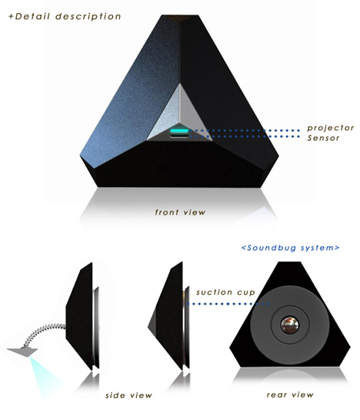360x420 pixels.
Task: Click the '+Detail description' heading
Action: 65,17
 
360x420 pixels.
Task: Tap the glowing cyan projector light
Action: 179,131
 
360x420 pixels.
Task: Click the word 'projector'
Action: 331,128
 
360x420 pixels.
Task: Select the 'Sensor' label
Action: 323,138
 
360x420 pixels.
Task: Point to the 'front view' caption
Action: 180,212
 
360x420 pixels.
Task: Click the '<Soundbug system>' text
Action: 290,248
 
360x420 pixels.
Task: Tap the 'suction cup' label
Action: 225,292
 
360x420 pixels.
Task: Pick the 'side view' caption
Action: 128,395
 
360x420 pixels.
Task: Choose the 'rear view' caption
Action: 290,395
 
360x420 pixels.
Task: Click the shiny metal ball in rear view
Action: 290,325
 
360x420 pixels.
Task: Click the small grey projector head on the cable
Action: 22,352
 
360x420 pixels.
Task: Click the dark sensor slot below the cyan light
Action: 179,136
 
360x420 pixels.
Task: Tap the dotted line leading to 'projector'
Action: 245,131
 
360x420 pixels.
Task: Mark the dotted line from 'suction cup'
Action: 228,304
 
